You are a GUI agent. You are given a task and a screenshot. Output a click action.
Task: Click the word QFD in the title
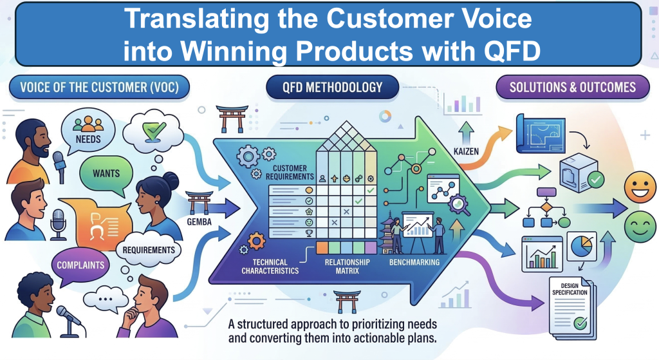tap(508, 49)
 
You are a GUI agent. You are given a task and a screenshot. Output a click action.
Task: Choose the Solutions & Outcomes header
tap(572, 87)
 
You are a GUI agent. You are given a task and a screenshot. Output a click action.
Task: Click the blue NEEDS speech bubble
tap(88, 128)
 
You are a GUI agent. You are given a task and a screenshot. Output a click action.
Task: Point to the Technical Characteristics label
tap(271, 267)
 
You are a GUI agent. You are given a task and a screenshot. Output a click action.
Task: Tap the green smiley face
tap(639, 227)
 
